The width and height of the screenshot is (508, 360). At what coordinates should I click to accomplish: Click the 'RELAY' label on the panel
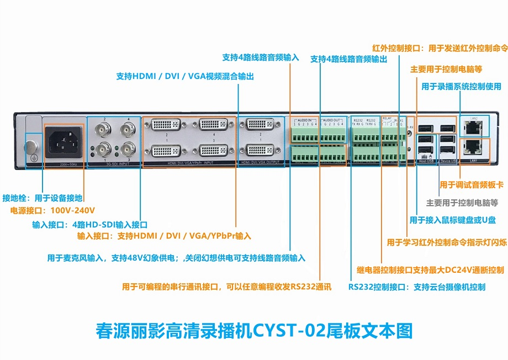click(x=388, y=119)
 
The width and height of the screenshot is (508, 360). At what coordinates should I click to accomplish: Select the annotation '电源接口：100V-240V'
click(x=53, y=210)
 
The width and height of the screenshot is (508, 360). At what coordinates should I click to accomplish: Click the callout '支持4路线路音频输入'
click(x=261, y=57)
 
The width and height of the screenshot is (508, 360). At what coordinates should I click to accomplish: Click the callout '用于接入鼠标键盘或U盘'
click(x=453, y=220)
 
